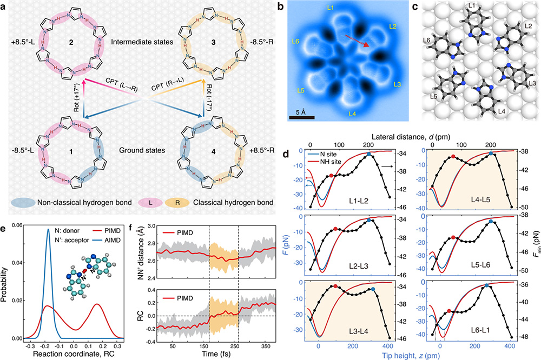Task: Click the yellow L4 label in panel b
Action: [x=353, y=114]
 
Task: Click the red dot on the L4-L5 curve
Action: [x=453, y=156]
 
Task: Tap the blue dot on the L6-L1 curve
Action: [x=487, y=285]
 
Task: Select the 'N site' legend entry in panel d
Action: [x=330, y=153]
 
